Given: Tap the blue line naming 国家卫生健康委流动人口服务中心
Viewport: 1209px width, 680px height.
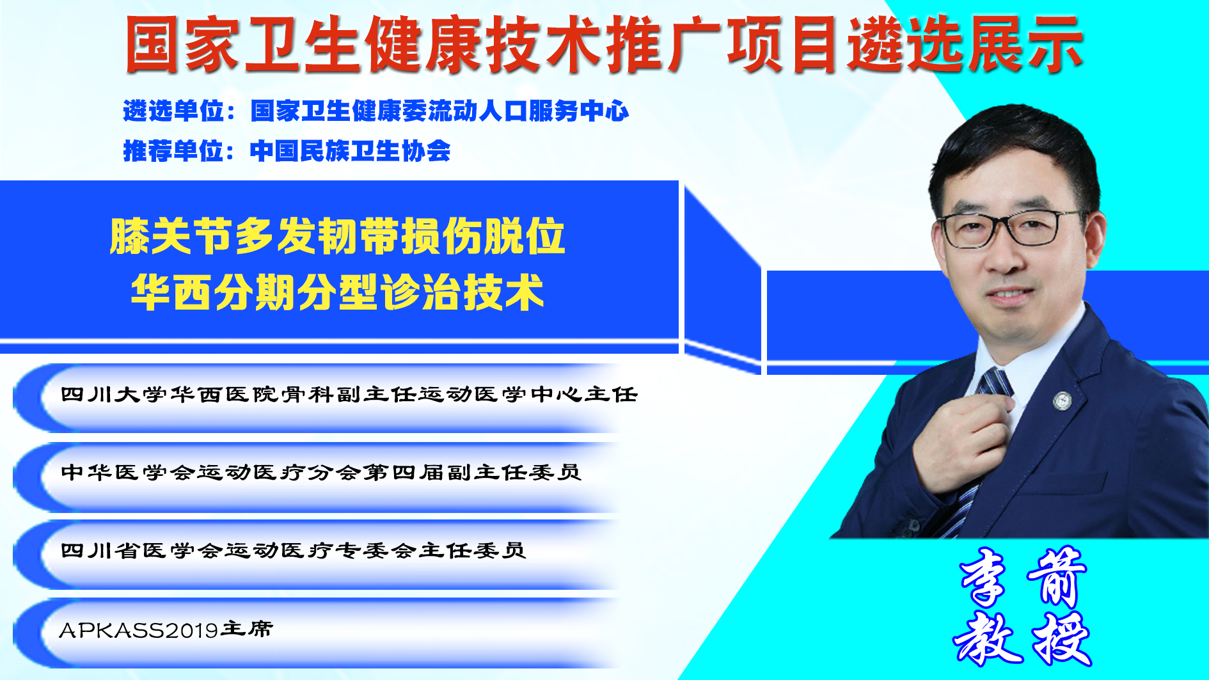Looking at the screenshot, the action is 376,111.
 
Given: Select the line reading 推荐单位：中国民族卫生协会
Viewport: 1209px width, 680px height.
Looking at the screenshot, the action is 287,152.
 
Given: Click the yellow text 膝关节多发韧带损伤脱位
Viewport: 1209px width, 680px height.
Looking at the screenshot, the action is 338,237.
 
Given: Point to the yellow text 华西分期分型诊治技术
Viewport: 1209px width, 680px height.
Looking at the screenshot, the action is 338,292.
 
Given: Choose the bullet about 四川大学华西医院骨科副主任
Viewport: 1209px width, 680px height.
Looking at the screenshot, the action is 349,395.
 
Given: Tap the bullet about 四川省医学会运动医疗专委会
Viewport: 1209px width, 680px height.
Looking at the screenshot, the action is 293,551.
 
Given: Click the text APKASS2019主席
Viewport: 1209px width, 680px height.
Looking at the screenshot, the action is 166,629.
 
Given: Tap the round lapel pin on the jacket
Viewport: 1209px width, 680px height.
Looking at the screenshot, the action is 1063,400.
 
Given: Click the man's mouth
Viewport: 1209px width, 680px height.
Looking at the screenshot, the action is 1009,296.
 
